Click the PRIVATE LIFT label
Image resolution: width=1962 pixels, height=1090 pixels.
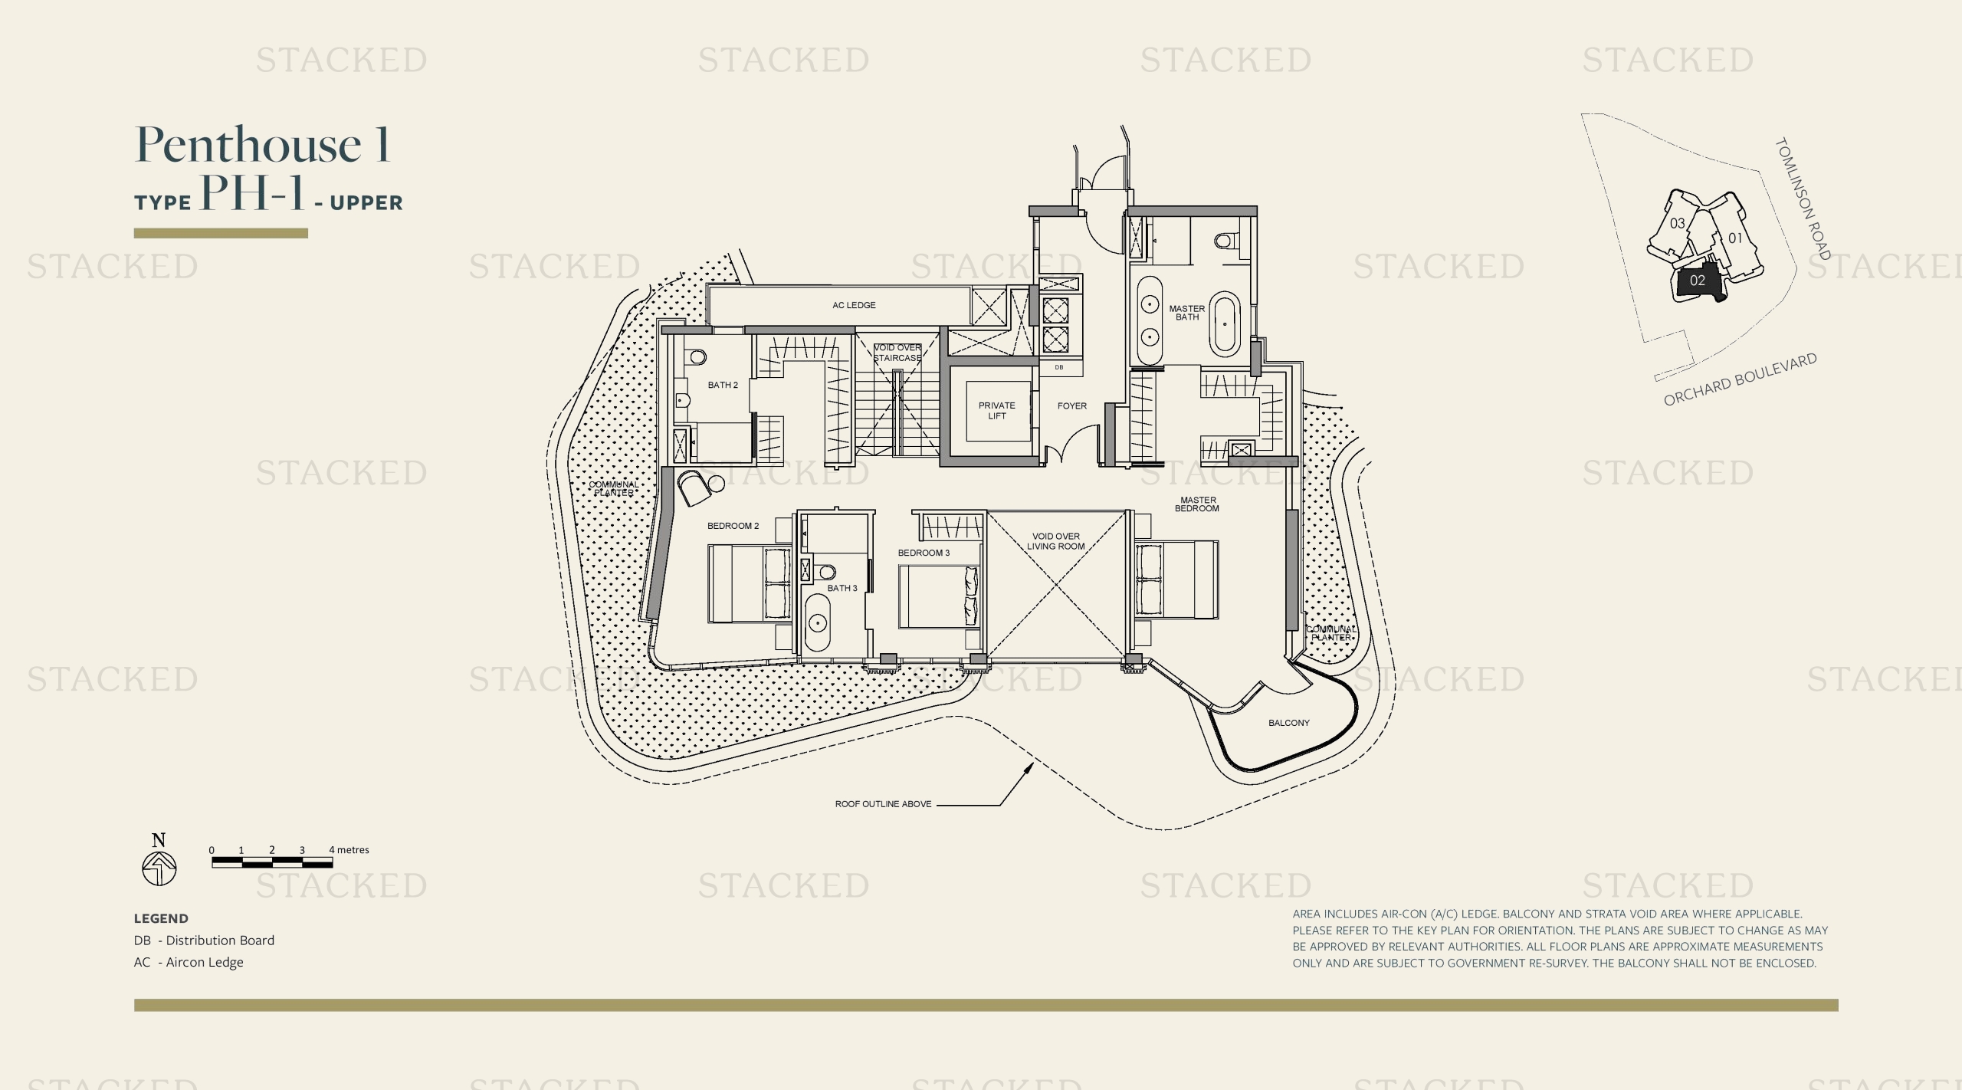pyautogui.click(x=996, y=411)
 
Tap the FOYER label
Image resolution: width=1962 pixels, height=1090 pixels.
pyautogui.click(x=1071, y=406)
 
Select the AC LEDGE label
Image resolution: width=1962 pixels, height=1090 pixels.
pyautogui.click(x=854, y=305)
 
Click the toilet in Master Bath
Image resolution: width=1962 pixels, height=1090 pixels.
pyautogui.click(x=1225, y=241)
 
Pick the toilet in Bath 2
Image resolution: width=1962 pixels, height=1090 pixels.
pyautogui.click(x=697, y=357)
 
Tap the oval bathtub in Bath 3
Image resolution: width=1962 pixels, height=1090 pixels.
pyautogui.click(x=818, y=623)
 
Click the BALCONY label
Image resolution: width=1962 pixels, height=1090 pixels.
pyautogui.click(x=1288, y=723)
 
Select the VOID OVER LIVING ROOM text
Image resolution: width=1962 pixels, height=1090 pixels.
pyautogui.click(x=1055, y=541)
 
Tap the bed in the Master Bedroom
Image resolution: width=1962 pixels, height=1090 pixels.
pyautogui.click(x=1176, y=579)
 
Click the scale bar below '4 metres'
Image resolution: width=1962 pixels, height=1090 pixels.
pyautogui.click(x=272, y=863)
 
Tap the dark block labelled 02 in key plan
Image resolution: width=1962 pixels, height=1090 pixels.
pyautogui.click(x=1697, y=281)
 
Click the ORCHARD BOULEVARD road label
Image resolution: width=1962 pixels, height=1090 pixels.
pyautogui.click(x=1740, y=380)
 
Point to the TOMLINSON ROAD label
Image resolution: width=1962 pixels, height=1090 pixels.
pyautogui.click(x=1803, y=199)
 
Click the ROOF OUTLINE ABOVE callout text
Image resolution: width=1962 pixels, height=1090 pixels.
pyautogui.click(x=883, y=804)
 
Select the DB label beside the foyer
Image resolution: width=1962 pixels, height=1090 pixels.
pyautogui.click(x=1059, y=368)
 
